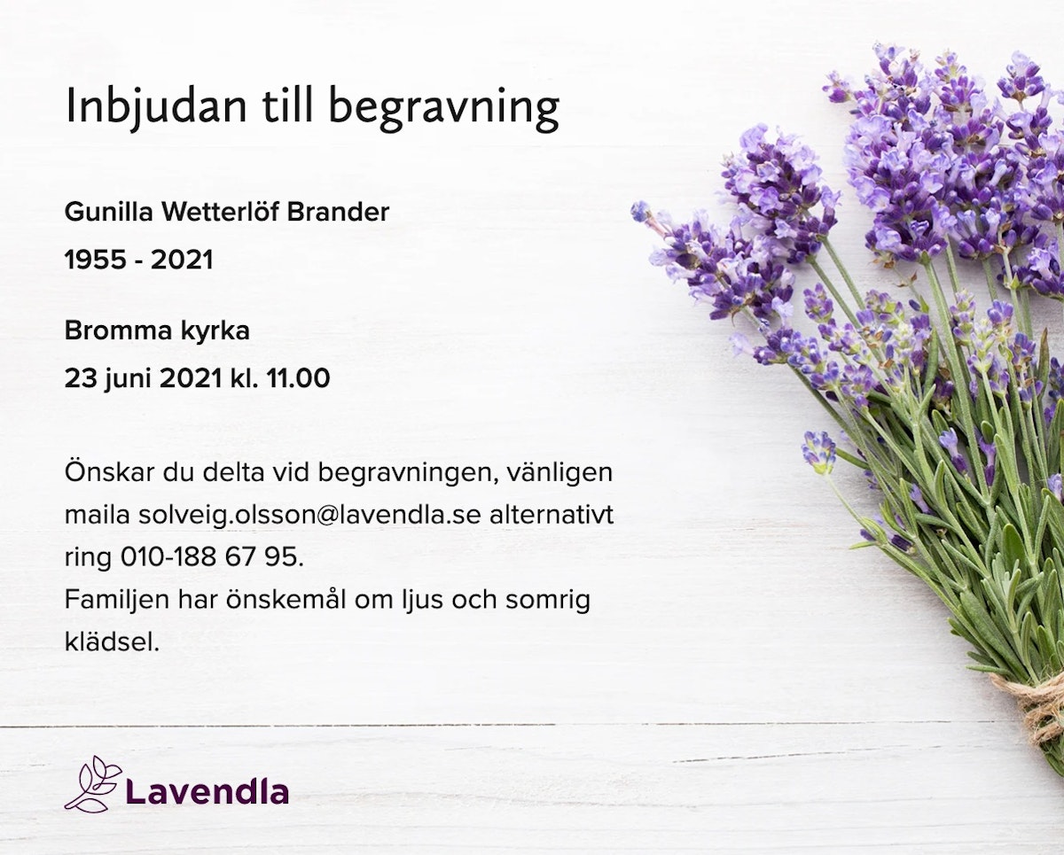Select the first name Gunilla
pos(108,212)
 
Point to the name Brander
pos(338,212)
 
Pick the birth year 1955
pos(97,260)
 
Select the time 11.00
pos(298,378)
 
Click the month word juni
pos(128,379)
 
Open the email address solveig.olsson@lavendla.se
pos(309,516)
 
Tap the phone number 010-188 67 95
pos(212,557)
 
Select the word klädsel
pos(113,642)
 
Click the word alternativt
pos(552,515)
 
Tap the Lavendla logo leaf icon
pos(93,784)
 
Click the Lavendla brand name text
pos(207,791)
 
